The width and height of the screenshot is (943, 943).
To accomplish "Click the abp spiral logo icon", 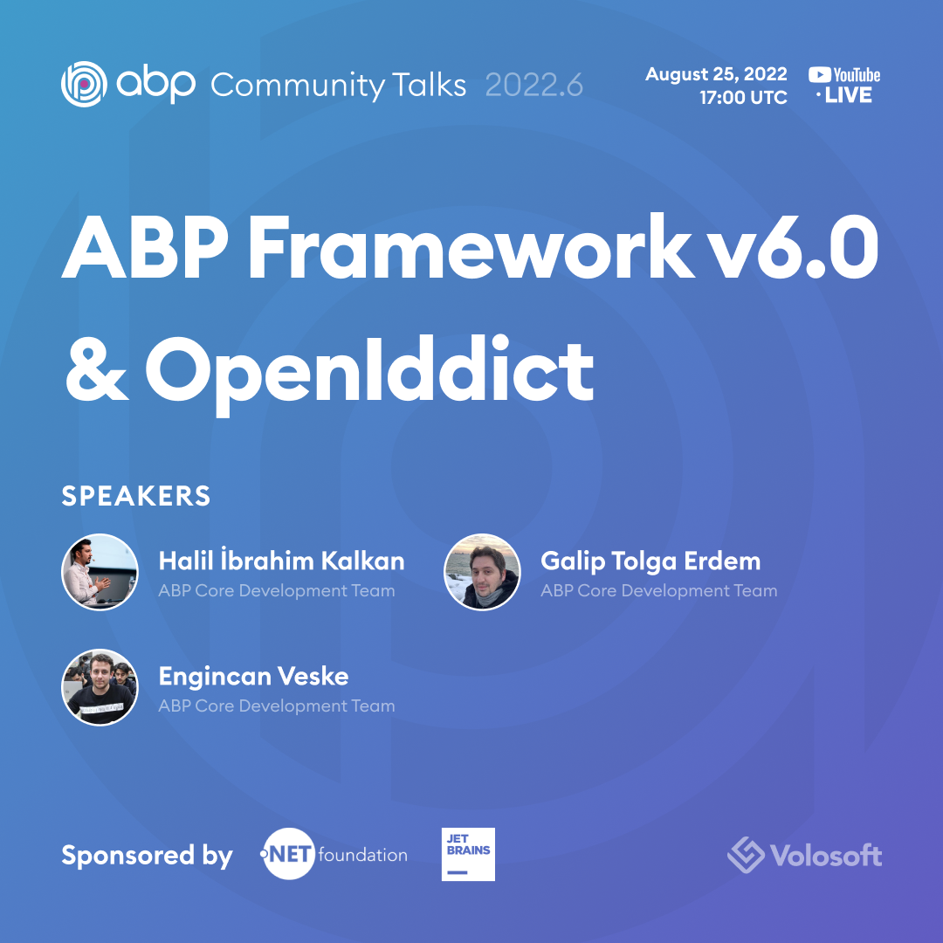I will [84, 85].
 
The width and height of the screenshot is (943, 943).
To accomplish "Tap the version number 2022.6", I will [533, 86].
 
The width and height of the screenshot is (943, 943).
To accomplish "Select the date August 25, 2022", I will [716, 74].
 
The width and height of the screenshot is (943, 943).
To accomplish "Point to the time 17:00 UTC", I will [743, 98].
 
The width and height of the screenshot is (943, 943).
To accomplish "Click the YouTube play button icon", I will [819, 75].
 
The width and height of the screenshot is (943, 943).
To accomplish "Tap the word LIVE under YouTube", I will [848, 96].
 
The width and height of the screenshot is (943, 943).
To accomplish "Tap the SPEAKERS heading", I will [136, 496].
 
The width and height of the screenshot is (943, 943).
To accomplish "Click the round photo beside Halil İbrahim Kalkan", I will [100, 572].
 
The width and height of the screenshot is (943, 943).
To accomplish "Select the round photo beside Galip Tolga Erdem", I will [482, 572].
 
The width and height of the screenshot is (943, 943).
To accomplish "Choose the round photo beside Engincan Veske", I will [100, 687].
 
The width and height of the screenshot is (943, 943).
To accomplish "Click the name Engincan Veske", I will [253, 676].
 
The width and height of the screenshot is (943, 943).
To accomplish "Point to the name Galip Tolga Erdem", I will [650, 561].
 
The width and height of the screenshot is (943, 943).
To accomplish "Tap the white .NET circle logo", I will [288, 853].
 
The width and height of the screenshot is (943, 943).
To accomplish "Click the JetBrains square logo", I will [468, 854].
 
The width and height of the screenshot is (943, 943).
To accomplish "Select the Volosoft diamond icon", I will [747, 854].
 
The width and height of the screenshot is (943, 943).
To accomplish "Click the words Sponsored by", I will [147, 855].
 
